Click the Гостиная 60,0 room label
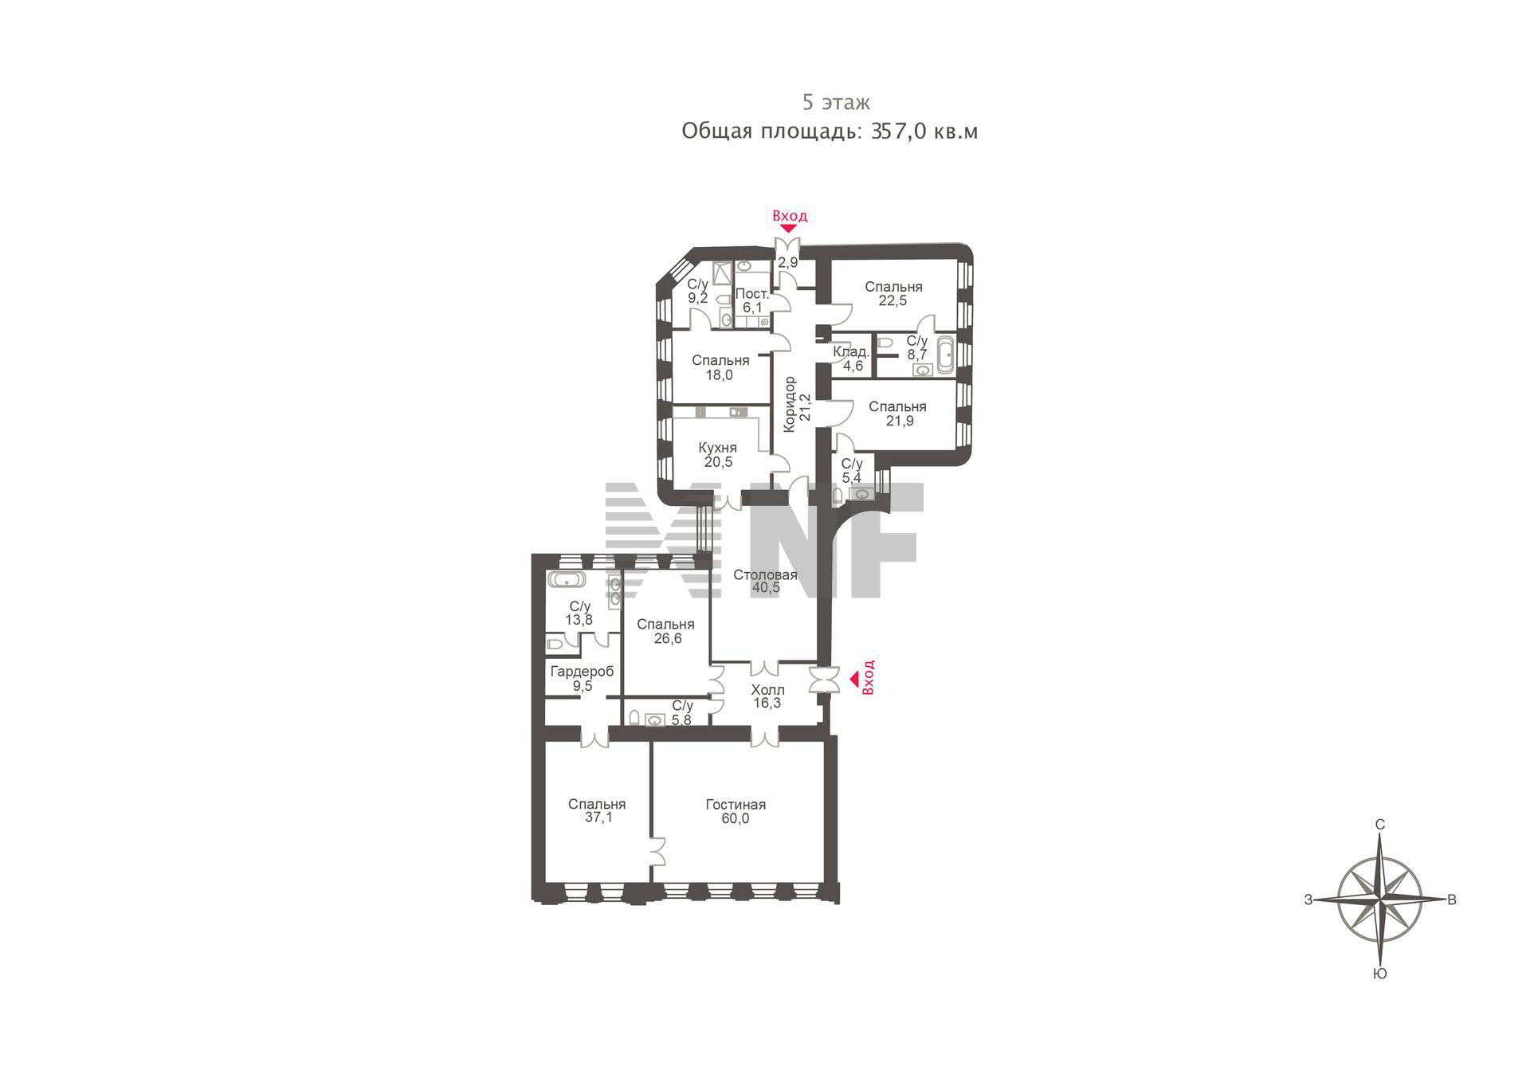coord(736,811)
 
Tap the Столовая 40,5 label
coord(765,581)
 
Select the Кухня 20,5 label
coord(717,454)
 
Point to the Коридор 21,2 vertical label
coord(797,404)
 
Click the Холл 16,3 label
coord(767,696)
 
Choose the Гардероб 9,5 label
coord(583,679)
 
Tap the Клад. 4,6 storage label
coord(852,359)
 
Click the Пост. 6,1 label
coord(752,300)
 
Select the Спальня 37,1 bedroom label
coord(597,810)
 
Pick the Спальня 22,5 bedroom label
coord(893,293)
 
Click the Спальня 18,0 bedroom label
coord(720,367)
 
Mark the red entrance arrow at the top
coord(788,229)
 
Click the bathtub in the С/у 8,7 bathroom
coord(946,355)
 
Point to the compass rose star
coord(1379,900)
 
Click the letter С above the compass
coord(1380,824)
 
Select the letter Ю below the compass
coord(1380,974)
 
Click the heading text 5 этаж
coord(836,102)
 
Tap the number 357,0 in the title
coord(899,131)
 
